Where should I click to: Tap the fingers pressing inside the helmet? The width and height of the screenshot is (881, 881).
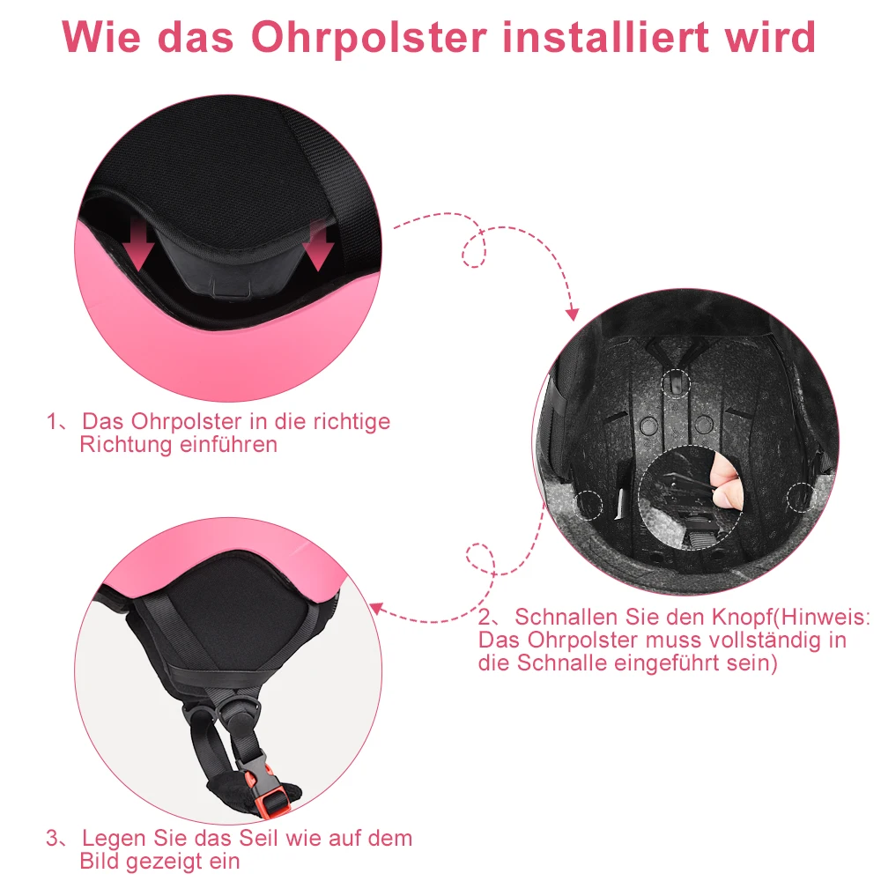click(728, 483)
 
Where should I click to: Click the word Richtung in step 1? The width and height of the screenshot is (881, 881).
click(122, 444)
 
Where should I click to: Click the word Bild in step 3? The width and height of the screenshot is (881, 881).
click(102, 861)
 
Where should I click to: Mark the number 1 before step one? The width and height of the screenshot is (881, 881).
click(52, 421)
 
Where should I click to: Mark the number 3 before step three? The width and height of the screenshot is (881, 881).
click(53, 838)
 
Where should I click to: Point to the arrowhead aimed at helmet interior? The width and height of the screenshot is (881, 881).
click(572, 314)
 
